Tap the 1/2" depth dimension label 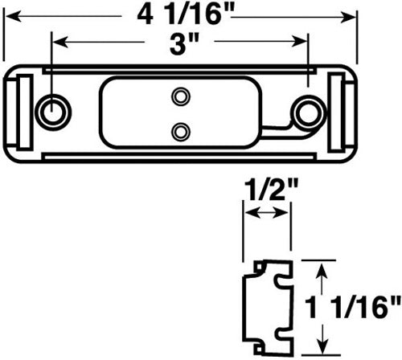click(x=268, y=190)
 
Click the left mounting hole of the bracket click(x=54, y=110)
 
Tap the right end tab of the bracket click(x=341, y=112)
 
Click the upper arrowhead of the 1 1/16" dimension click(x=322, y=268)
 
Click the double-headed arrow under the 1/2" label click(x=268, y=214)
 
